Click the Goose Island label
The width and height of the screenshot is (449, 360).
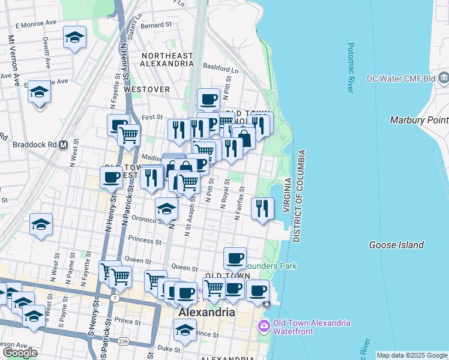[396, 245]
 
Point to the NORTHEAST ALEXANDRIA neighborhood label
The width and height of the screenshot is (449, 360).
[167, 59]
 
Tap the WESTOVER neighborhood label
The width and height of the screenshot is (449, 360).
[147, 89]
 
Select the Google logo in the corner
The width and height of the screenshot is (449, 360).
[20, 353]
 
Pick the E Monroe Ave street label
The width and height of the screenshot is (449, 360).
[36, 25]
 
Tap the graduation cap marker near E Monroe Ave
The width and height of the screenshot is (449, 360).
[74, 38]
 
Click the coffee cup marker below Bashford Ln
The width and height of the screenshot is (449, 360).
[209, 100]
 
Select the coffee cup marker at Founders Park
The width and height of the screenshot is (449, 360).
[235, 259]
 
